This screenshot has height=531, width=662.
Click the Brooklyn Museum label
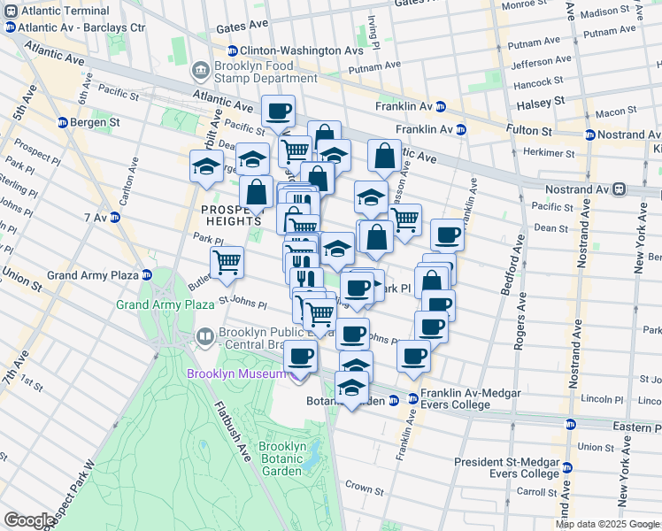237,373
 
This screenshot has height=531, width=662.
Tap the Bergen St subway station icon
63,122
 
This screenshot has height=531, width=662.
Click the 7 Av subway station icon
115,217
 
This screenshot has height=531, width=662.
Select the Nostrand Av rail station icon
620,189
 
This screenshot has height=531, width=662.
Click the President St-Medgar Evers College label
507,467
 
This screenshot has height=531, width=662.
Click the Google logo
30,520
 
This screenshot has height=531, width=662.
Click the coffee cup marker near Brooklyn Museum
300,358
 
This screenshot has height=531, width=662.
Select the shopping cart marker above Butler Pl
227,261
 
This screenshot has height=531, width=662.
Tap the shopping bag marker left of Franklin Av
384,156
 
